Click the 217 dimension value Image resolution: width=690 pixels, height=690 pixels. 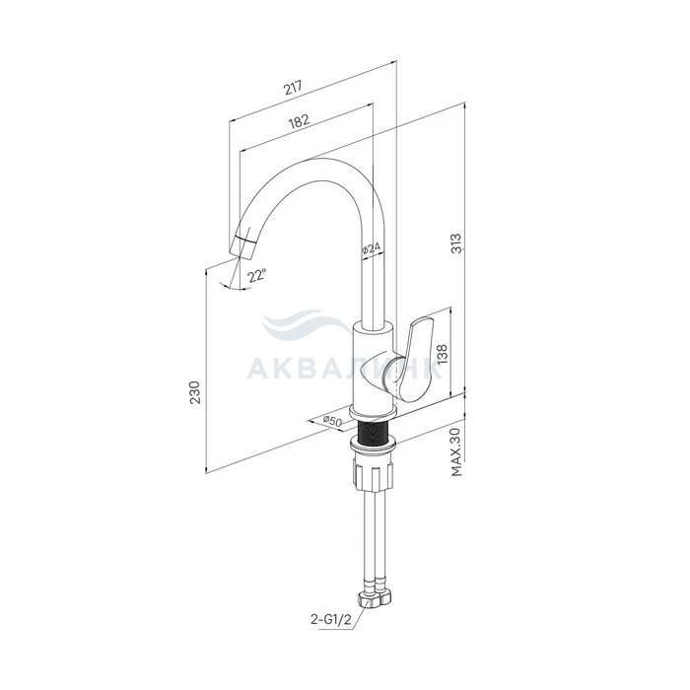coord(293,87)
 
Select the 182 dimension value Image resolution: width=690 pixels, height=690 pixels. coord(299,120)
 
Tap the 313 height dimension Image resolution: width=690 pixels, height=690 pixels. coord(457,243)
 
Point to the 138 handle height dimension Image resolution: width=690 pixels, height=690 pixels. coord(442,354)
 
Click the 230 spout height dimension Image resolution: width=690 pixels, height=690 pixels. coord(194,392)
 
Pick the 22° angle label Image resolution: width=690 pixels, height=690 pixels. coord(256,276)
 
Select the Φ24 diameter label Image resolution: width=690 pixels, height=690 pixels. coord(371,249)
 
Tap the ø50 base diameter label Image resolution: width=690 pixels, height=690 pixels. coord(332,421)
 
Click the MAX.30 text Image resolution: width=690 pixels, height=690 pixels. coord(456,451)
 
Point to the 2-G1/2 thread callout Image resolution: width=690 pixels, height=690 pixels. coord(331,620)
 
